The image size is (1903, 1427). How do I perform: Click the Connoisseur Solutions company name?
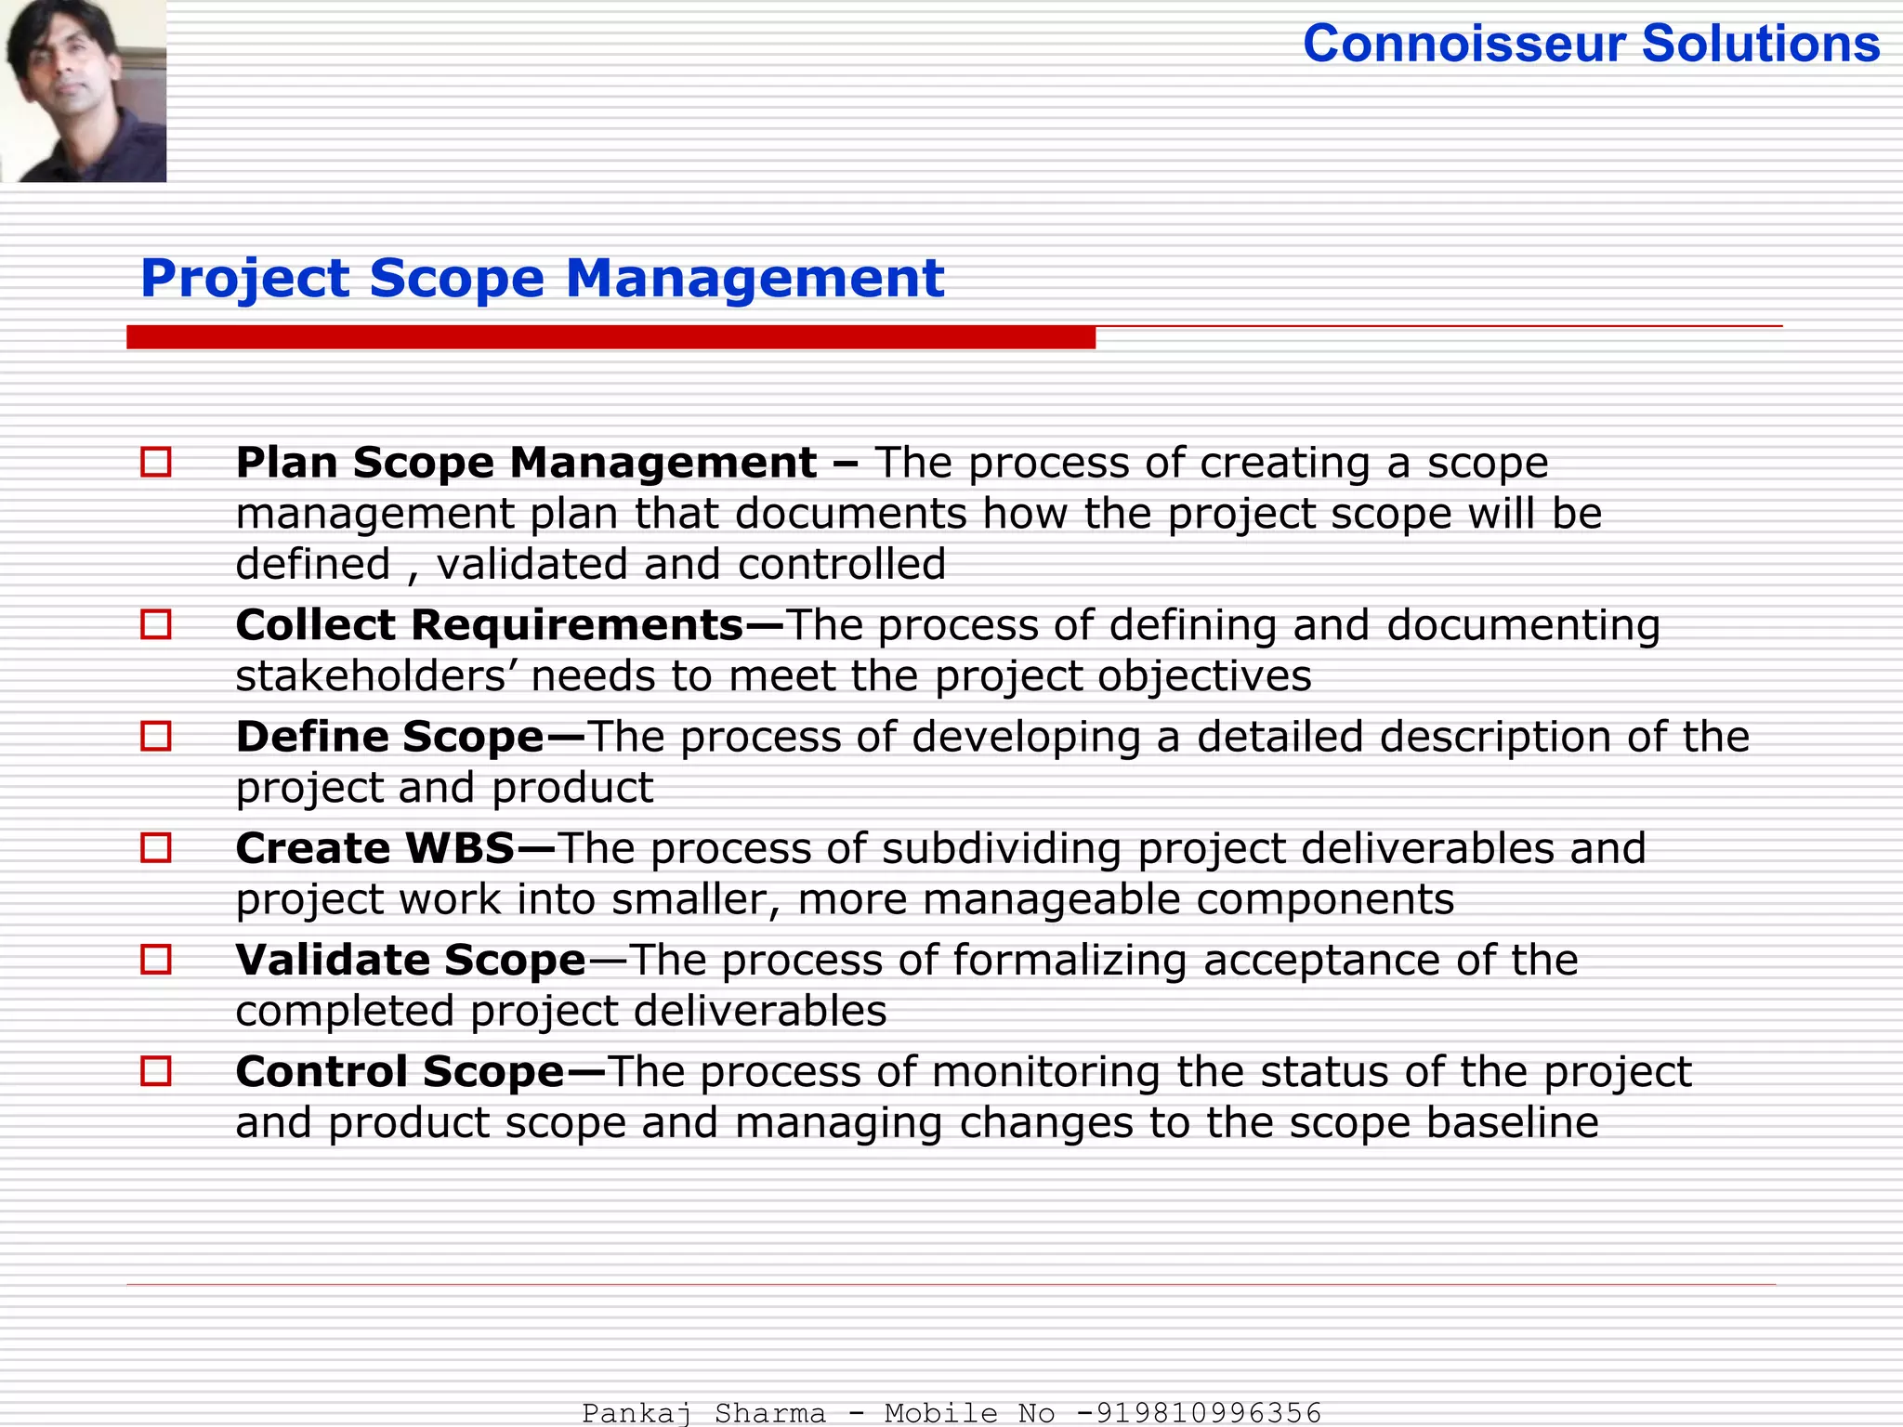[x=1591, y=45]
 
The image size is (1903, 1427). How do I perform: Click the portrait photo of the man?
[x=84, y=90]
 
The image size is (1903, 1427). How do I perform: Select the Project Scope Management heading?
[x=542, y=278]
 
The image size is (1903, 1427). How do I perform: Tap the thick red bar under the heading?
[x=610, y=337]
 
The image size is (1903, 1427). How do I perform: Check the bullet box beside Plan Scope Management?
[x=156, y=462]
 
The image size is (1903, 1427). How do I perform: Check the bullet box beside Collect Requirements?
[x=156, y=624]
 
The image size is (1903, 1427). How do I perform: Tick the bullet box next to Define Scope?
[x=156, y=736]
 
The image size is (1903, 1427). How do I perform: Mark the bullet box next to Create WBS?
[x=156, y=847]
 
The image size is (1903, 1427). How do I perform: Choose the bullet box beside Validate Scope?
[x=156, y=959]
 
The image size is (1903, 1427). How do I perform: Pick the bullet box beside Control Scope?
[x=156, y=1071]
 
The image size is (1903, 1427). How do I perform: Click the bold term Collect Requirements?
[x=490, y=625]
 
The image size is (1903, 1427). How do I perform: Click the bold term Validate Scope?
[x=411, y=960]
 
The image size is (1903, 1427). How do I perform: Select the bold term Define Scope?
[x=389, y=737]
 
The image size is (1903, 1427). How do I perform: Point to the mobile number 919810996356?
[x=1208, y=1413]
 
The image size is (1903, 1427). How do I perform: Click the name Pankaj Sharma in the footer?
[x=703, y=1413]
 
